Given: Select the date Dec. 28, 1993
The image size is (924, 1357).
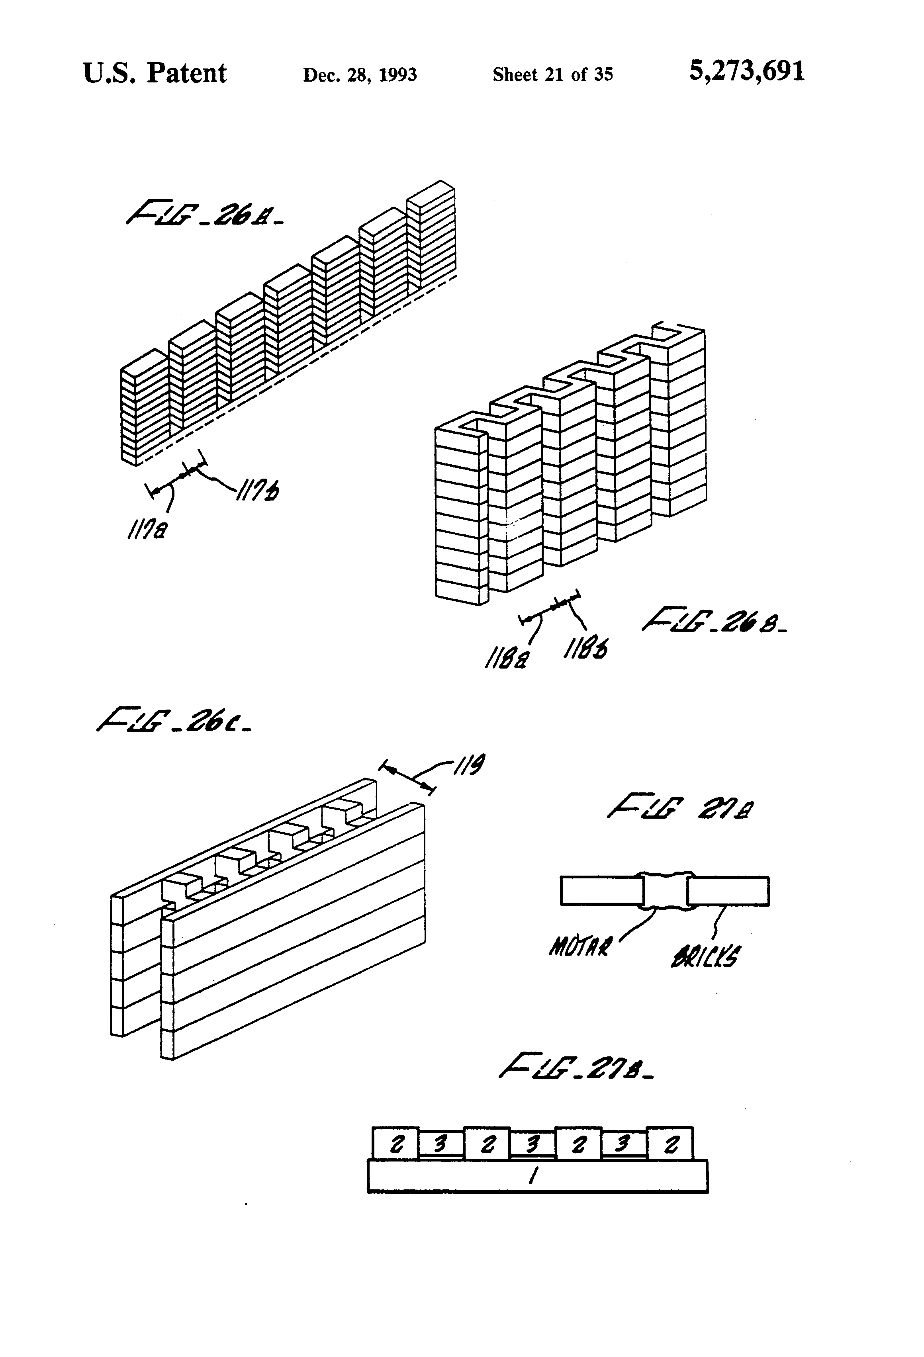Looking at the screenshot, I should [359, 75].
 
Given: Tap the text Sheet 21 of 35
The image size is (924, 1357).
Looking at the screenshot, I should [552, 75].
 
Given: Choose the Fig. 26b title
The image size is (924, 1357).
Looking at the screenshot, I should [714, 621].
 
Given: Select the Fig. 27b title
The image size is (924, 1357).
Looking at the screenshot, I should [576, 1066].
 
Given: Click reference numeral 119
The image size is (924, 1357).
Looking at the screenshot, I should [470, 765].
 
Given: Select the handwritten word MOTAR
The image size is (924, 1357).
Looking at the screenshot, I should [580, 946].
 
